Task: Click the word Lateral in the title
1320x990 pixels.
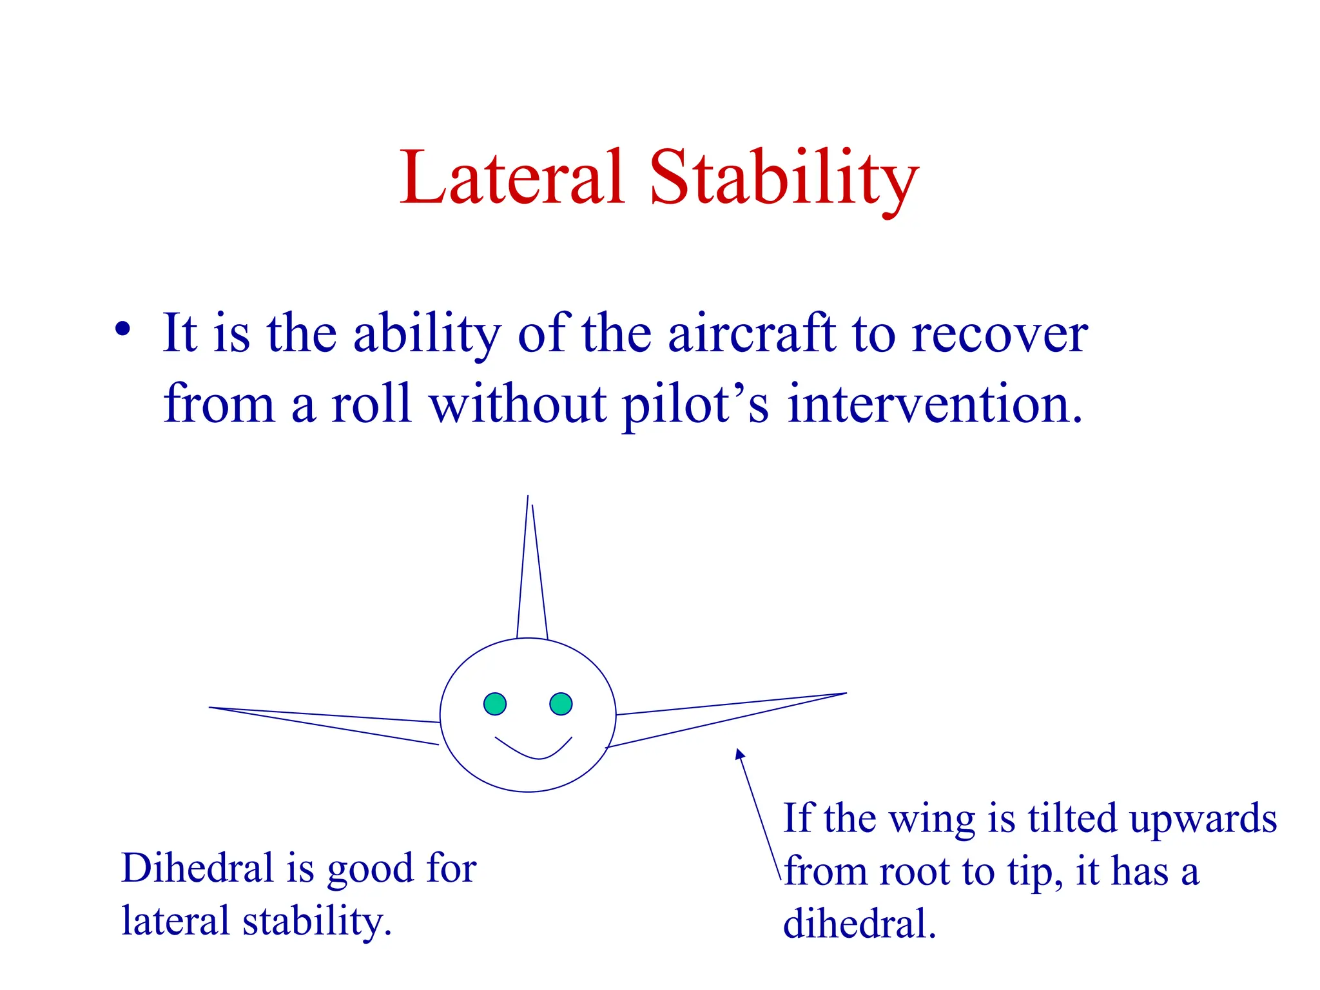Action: tap(512, 177)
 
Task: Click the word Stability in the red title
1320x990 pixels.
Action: tap(783, 179)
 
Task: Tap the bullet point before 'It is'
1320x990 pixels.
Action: tap(122, 329)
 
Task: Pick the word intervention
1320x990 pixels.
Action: tap(935, 404)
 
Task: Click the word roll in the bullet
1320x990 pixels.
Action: tap(371, 404)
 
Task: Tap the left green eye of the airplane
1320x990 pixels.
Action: tap(495, 704)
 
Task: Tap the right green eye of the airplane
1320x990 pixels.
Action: tap(561, 704)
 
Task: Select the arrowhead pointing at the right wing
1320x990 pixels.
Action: tap(739, 753)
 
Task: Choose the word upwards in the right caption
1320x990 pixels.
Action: tap(1203, 820)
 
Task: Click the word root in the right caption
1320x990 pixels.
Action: tap(915, 872)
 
